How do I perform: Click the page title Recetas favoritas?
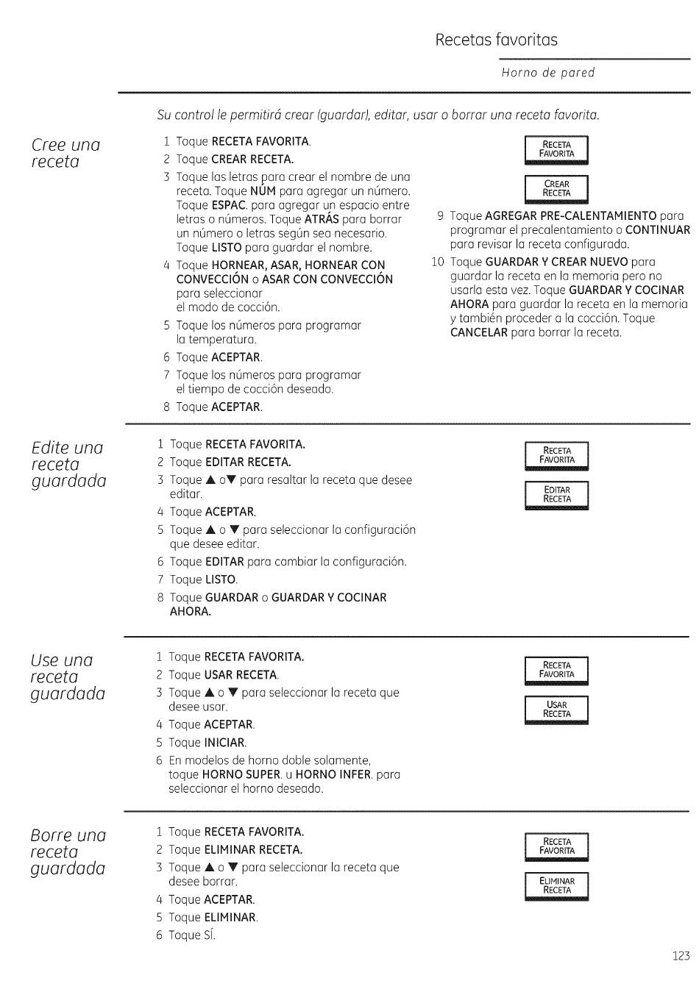pyautogui.click(x=496, y=40)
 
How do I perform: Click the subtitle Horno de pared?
pyautogui.click(x=547, y=73)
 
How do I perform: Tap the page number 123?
pyautogui.click(x=681, y=956)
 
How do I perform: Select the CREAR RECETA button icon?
pyautogui.click(x=557, y=189)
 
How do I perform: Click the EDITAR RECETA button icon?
pyautogui.click(x=557, y=495)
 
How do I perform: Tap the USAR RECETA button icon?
pyautogui.click(x=557, y=710)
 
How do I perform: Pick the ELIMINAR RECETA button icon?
pyautogui.click(x=557, y=886)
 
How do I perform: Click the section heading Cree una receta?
pyautogui.click(x=65, y=153)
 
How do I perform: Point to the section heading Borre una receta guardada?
pyautogui.click(x=68, y=852)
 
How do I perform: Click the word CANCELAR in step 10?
pyautogui.click(x=479, y=332)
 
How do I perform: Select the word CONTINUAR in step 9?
pyautogui.click(x=657, y=230)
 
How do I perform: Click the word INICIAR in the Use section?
pyautogui.click(x=225, y=743)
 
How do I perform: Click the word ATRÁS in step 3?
pyautogui.click(x=322, y=219)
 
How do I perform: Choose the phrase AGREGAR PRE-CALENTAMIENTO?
pyautogui.click(x=571, y=215)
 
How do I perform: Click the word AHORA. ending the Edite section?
pyautogui.click(x=191, y=612)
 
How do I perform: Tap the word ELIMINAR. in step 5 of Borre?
pyautogui.click(x=231, y=918)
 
